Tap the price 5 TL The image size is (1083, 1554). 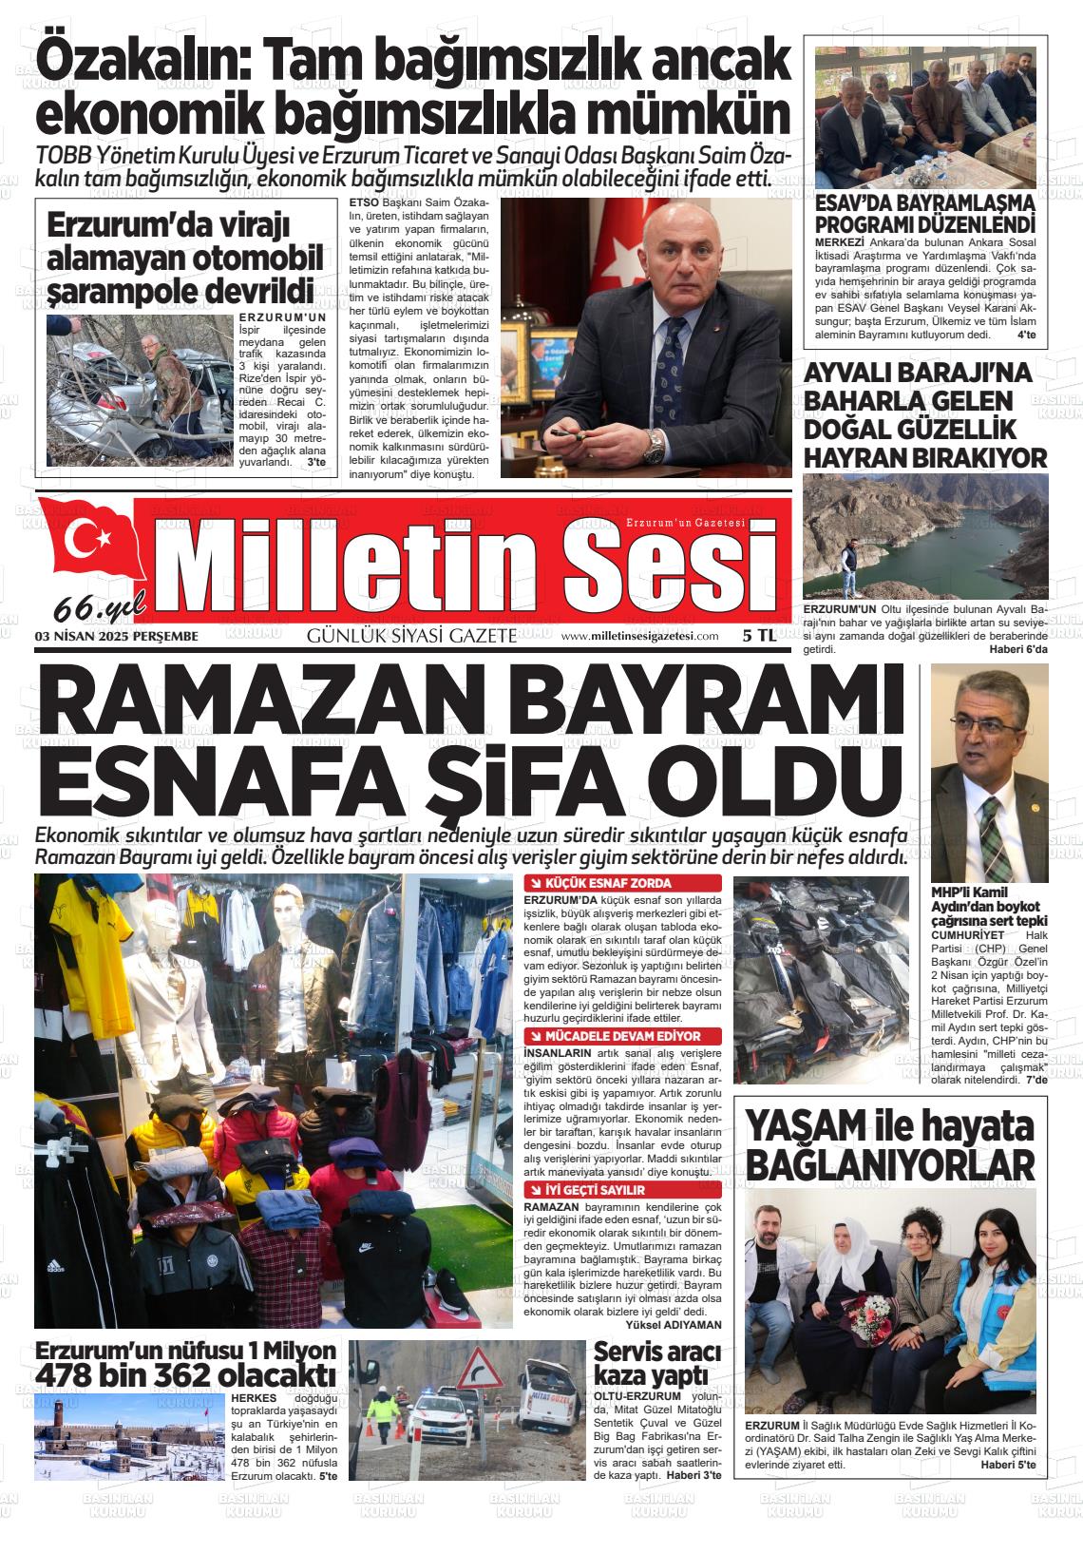759,637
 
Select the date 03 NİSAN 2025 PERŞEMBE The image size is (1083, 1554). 116,637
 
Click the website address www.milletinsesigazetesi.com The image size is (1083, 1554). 639,637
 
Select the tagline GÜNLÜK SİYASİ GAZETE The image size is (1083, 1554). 411,637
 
